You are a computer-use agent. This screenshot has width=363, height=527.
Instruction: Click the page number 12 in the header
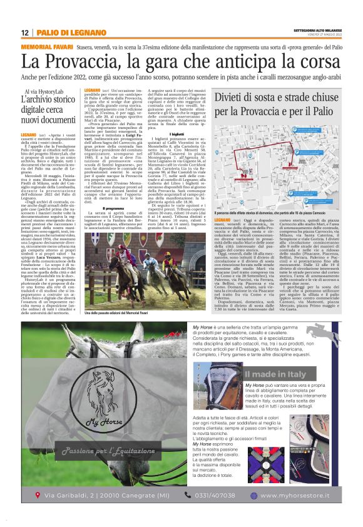pyautogui.click(x=24, y=32)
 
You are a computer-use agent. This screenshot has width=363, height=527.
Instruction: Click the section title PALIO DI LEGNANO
pyautogui.click(x=63, y=32)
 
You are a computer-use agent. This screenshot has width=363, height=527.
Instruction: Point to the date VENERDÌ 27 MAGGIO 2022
pyautogui.click(x=320, y=34)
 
